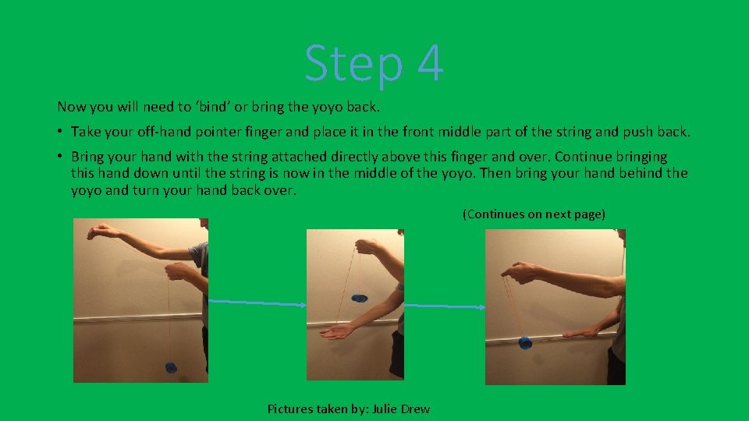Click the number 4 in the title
tap(430, 64)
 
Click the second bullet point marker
tap(61, 157)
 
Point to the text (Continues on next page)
tap(533, 214)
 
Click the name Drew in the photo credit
tap(415, 409)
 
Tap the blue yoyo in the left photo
tap(171, 367)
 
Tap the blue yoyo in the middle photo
tap(359, 297)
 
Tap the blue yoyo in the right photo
tap(525, 341)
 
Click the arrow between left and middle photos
tap(257, 302)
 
